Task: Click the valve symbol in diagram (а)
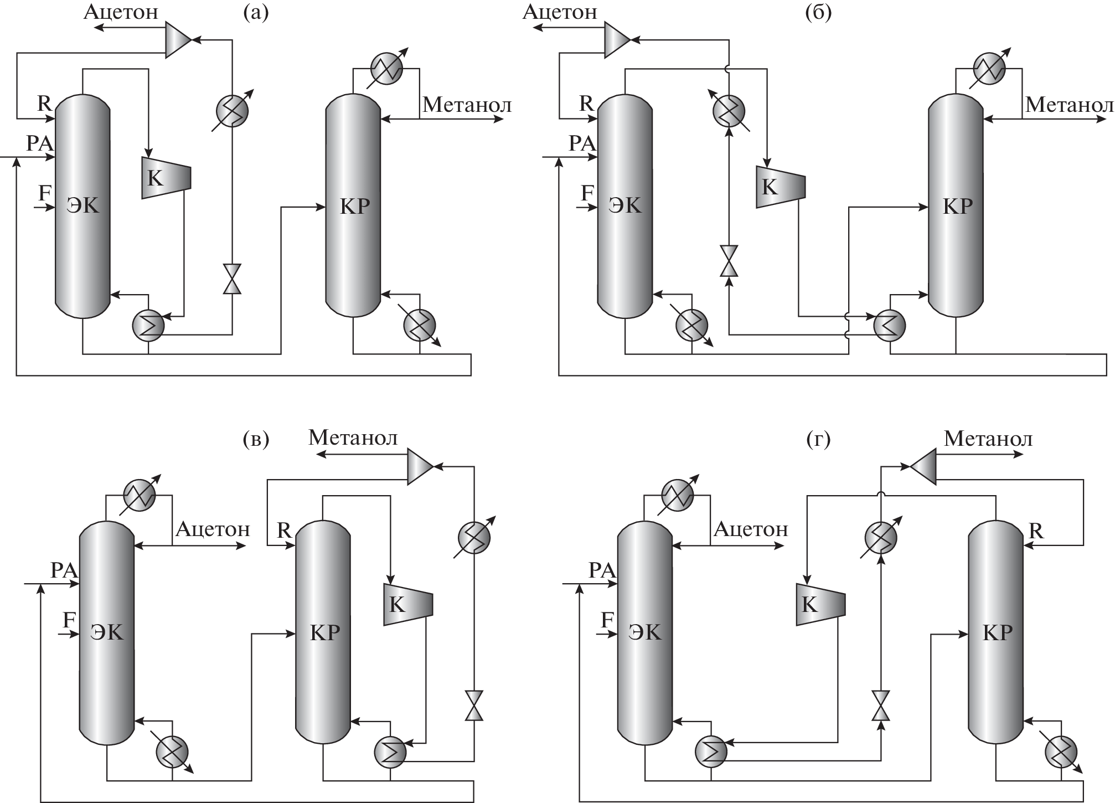click(x=231, y=279)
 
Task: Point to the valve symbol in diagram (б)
click(x=729, y=260)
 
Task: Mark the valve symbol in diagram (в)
click(x=474, y=706)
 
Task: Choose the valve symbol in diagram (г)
click(x=880, y=706)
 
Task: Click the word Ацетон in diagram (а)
click(x=121, y=12)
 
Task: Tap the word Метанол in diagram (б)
click(x=1069, y=105)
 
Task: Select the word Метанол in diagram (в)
click(x=353, y=438)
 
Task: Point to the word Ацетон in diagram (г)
click(x=751, y=529)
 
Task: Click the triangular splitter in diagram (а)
click(x=178, y=40)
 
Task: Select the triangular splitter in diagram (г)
click(x=923, y=467)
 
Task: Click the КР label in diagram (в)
click(x=324, y=632)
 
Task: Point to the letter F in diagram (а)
click(x=45, y=193)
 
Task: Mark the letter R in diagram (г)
click(x=1036, y=531)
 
